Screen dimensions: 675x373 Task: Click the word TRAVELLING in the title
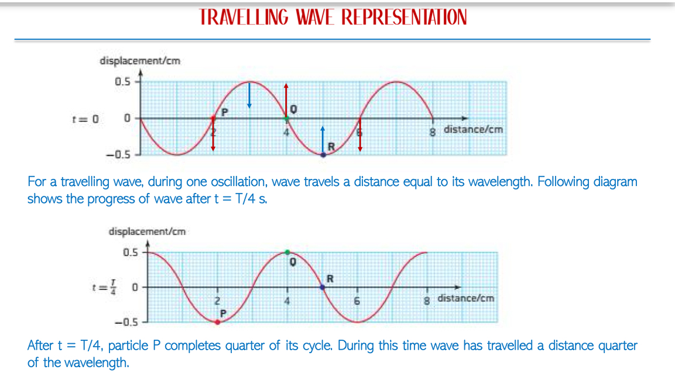[243, 17]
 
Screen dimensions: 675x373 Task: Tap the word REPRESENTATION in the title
[404, 17]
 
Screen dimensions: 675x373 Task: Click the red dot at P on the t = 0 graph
[213, 118]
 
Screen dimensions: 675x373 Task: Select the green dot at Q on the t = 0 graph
[286, 118]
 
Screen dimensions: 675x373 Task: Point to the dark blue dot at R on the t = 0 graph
[323, 155]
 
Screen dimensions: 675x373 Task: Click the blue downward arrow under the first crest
[249, 95]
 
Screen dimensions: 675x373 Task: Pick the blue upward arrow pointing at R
[323, 140]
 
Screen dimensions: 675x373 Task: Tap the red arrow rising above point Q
[286, 100]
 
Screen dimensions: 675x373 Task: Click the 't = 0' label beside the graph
[85, 119]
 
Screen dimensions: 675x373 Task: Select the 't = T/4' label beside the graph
[104, 287]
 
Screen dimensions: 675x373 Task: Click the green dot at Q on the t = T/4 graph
[287, 252]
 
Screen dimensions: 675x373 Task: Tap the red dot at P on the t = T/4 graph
[217, 322]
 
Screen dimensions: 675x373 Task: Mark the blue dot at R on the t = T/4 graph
[323, 287]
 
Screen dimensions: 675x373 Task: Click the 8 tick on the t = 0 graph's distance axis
[432, 132]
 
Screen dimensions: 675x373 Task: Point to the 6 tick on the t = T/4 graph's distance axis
[357, 301]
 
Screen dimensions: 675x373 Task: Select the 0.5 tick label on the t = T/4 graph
[131, 252]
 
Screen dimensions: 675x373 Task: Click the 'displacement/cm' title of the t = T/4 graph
[147, 232]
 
